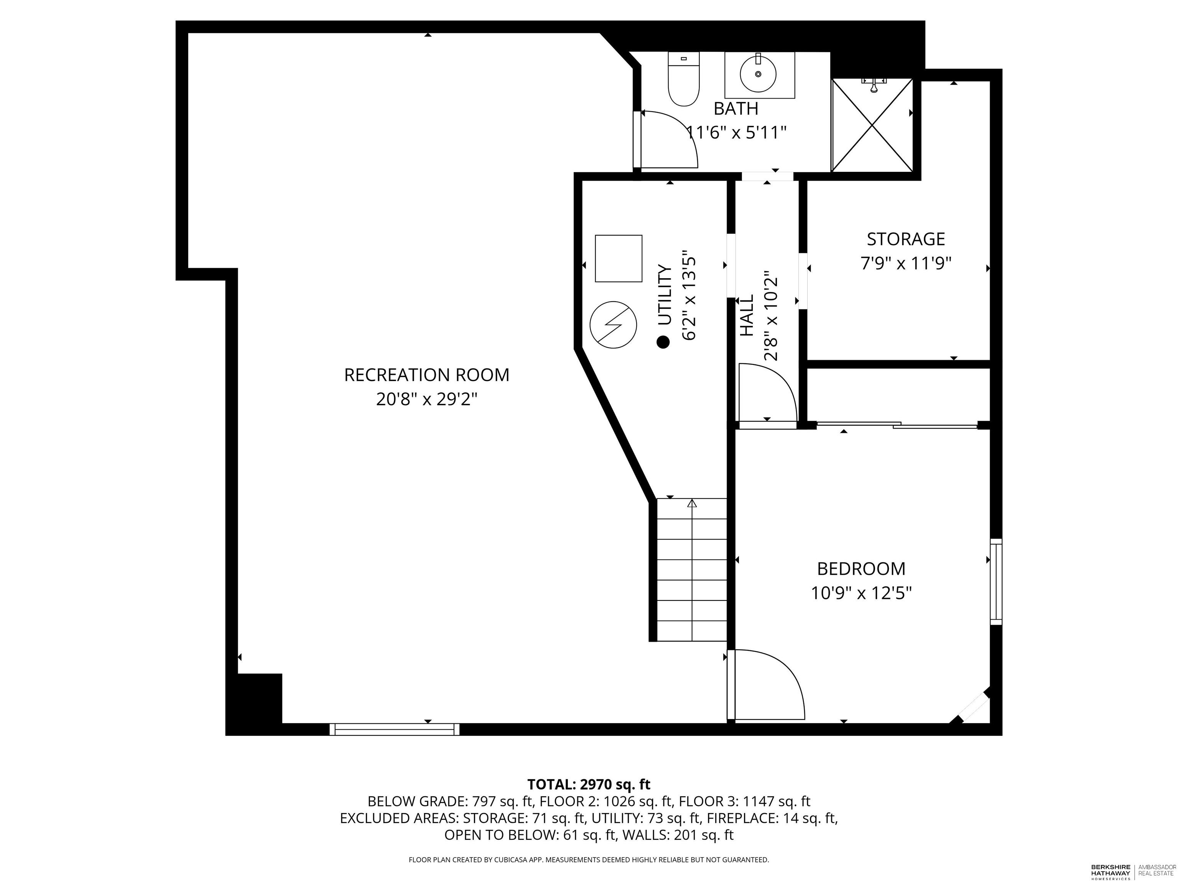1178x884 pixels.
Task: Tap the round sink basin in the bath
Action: tap(758, 74)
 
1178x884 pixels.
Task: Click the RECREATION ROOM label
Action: tap(426, 375)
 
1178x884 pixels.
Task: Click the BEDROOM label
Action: tap(861, 569)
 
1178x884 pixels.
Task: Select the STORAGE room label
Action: tap(906, 239)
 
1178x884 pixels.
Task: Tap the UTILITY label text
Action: tap(665, 295)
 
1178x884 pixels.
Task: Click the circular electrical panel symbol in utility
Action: tap(614, 325)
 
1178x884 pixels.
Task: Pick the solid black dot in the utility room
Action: tap(663, 342)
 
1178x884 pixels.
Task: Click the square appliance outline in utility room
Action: tap(618, 259)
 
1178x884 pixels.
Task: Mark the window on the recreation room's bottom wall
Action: tap(395, 729)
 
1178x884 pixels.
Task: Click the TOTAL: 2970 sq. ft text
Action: tap(589, 784)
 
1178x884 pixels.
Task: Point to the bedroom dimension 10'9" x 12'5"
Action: tap(861, 593)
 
